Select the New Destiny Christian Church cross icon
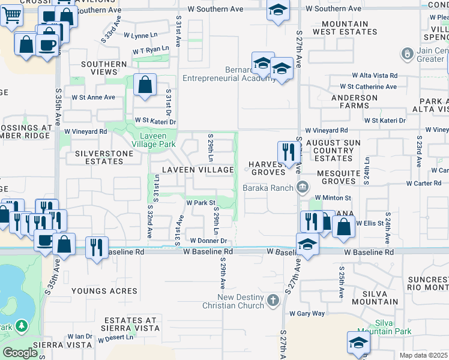pyautogui.click(x=273, y=300)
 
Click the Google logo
pyautogui.click(x=20, y=353)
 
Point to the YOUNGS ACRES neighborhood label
pyautogui.click(x=97, y=291)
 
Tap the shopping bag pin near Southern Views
pyautogui.click(x=145, y=85)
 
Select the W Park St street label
pyautogui.click(x=200, y=203)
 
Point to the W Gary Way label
pyautogui.click(x=306, y=313)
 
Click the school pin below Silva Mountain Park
pyautogui.click(x=358, y=343)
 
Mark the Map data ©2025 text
pyautogui.click(x=423, y=355)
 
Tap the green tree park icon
pyautogui.click(x=22, y=326)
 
